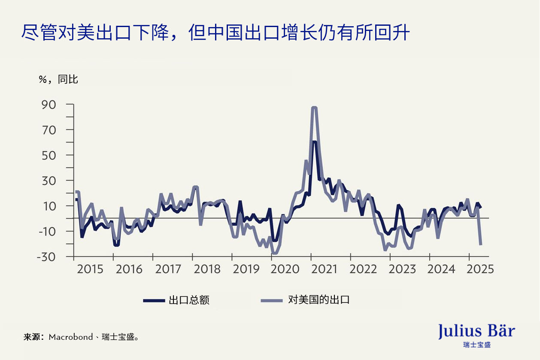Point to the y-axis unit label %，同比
coord(58,79)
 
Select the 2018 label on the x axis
coord(207,269)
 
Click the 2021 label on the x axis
coord(325,269)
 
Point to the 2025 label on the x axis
coord(480,269)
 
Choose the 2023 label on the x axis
coord(402,269)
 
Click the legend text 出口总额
coord(189,300)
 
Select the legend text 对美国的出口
coord(319,300)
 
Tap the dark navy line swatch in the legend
coord(154,300)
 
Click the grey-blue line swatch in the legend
coord(272,300)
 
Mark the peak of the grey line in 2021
coord(314,108)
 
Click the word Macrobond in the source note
coord(71,337)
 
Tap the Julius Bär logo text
coord(476,331)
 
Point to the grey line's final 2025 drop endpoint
coord(481,244)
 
